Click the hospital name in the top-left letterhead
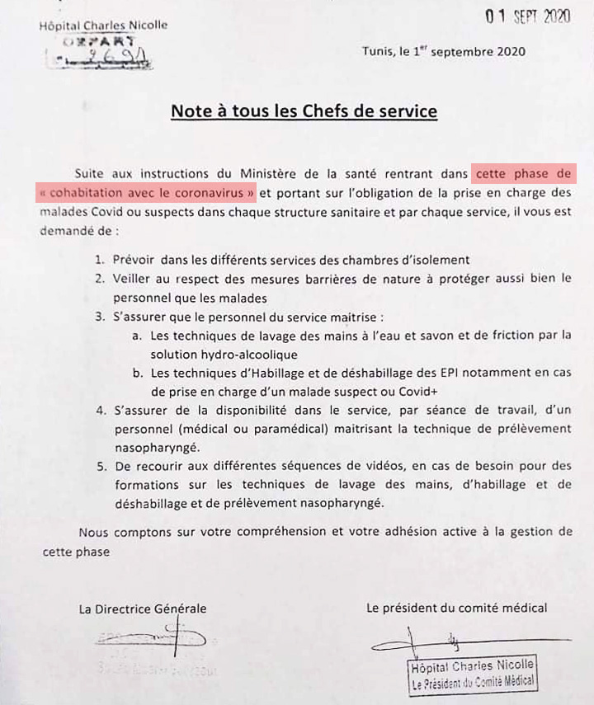(x=103, y=25)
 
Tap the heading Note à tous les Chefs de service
(x=304, y=110)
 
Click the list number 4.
(x=100, y=410)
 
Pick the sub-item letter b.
(x=137, y=372)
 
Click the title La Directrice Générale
(x=143, y=609)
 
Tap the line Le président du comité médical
(x=456, y=608)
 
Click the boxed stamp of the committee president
(x=473, y=674)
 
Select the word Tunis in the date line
(x=378, y=51)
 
